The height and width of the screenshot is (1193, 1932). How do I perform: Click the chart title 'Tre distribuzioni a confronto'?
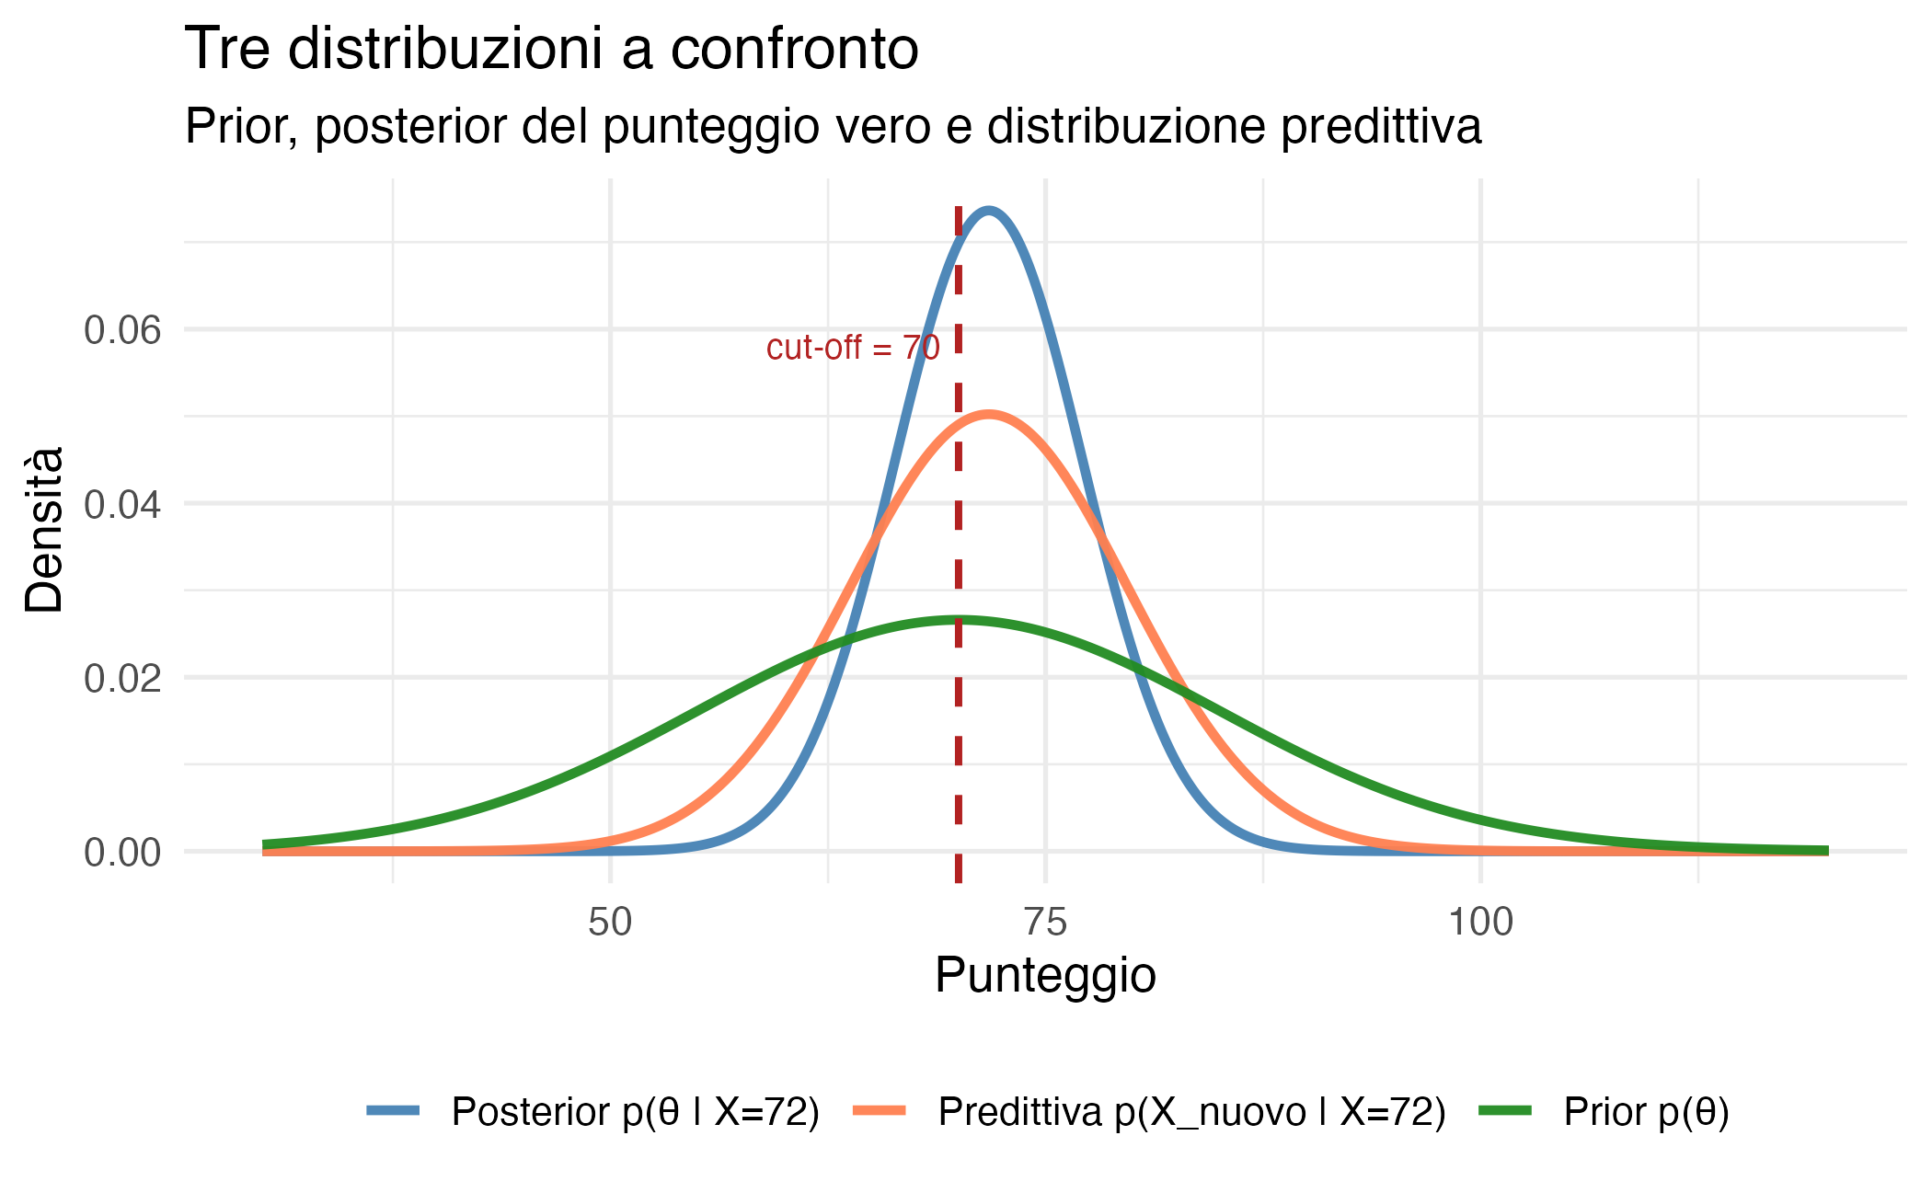pyautogui.click(x=551, y=50)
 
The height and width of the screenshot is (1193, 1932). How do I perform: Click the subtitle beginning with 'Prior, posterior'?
pyautogui.click(x=833, y=127)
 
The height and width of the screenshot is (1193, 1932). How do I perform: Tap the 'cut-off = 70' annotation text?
pyautogui.click(x=853, y=348)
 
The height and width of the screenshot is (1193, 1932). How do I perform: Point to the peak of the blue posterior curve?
pyautogui.click(x=988, y=211)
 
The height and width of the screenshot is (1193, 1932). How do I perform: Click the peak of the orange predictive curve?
pyautogui.click(x=988, y=414)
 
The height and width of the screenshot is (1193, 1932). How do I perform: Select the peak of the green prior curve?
pyautogui.click(x=959, y=620)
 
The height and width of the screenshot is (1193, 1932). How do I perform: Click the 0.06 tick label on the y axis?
pyautogui.click(x=122, y=330)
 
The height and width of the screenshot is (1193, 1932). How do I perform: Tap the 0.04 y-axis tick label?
pyautogui.click(x=122, y=504)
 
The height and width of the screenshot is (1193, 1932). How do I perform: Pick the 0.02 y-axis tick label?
pyautogui.click(x=122, y=679)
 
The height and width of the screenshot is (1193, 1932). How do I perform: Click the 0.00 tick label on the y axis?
pyautogui.click(x=122, y=853)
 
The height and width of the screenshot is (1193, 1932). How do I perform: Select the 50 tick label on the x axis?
pyautogui.click(x=610, y=922)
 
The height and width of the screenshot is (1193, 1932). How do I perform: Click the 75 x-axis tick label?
pyautogui.click(x=1045, y=922)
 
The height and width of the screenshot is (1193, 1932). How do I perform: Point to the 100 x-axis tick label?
pyautogui.click(x=1480, y=922)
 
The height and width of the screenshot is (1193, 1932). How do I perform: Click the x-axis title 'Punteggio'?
pyautogui.click(x=1045, y=976)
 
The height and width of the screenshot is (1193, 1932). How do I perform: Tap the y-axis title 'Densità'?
pyautogui.click(x=44, y=530)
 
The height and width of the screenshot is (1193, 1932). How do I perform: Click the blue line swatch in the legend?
pyautogui.click(x=394, y=1111)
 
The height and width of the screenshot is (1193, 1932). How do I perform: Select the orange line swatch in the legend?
pyautogui.click(x=880, y=1111)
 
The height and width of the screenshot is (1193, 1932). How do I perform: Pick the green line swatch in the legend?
pyautogui.click(x=1505, y=1111)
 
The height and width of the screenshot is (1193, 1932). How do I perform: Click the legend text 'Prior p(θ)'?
pyautogui.click(x=1646, y=1112)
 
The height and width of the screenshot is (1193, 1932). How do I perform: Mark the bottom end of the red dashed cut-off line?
pyautogui.click(x=959, y=881)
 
